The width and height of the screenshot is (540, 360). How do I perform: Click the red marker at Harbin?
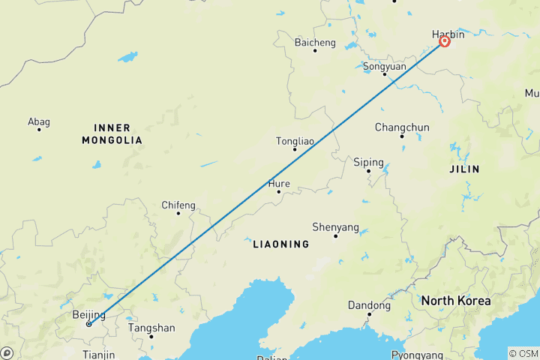click(444, 42)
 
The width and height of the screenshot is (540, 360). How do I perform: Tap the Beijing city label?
click(88, 315)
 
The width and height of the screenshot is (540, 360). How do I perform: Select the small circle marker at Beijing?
click(88, 324)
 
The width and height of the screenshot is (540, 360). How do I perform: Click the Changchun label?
click(401, 127)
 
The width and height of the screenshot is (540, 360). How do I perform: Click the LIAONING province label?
click(280, 244)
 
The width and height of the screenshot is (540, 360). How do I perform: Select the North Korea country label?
click(456, 301)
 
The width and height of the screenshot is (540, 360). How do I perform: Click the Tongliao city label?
click(295, 141)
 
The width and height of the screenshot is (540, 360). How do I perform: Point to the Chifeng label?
click(178, 205)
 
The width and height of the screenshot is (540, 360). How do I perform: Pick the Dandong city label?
click(369, 305)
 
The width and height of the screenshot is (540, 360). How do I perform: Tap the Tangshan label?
click(151, 328)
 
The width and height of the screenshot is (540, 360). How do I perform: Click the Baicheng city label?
click(315, 42)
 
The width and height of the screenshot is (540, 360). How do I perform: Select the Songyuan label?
click(384, 66)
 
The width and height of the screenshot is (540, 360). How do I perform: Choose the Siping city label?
click(368, 162)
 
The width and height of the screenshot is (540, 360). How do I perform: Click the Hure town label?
click(279, 183)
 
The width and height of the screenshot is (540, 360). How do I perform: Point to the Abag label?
click(38, 121)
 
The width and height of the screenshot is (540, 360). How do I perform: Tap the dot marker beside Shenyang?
click(335, 236)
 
